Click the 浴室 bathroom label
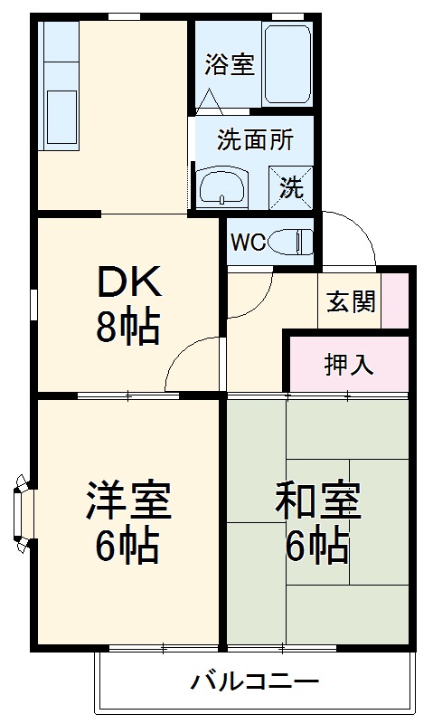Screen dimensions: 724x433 229,66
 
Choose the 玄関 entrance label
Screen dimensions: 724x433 350,302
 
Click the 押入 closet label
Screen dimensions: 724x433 349,365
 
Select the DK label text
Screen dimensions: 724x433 128,285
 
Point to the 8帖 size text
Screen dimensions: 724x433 128,327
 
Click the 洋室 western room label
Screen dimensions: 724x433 128,503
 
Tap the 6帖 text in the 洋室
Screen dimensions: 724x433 128,545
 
